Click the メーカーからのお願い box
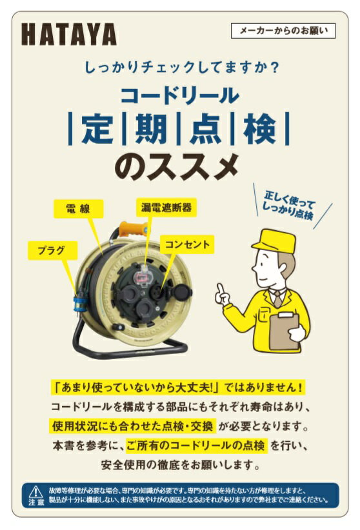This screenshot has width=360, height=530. point(283,30)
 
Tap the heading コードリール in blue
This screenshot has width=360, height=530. point(179,95)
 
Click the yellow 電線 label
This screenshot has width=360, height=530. point(78,208)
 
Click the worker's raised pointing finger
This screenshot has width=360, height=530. point(220,289)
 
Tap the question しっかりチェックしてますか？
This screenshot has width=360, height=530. point(179,66)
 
